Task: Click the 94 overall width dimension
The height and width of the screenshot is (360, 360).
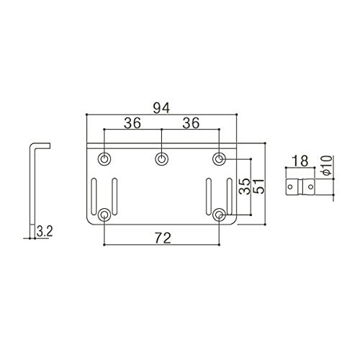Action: [x=161, y=108]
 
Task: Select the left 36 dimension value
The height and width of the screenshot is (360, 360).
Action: [x=132, y=123]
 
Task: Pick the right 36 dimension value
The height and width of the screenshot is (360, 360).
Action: [x=191, y=123]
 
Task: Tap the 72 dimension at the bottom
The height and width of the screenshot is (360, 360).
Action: [x=163, y=238]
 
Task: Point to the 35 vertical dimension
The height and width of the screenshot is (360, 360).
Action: [x=246, y=186]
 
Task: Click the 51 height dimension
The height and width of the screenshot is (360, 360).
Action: [x=259, y=186]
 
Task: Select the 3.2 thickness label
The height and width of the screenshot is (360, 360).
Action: [x=45, y=232]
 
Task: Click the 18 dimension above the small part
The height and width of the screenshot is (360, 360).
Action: [x=300, y=161]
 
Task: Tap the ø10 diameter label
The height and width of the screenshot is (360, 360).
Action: [x=328, y=166]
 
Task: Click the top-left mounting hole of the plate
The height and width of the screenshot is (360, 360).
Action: [x=104, y=159]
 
